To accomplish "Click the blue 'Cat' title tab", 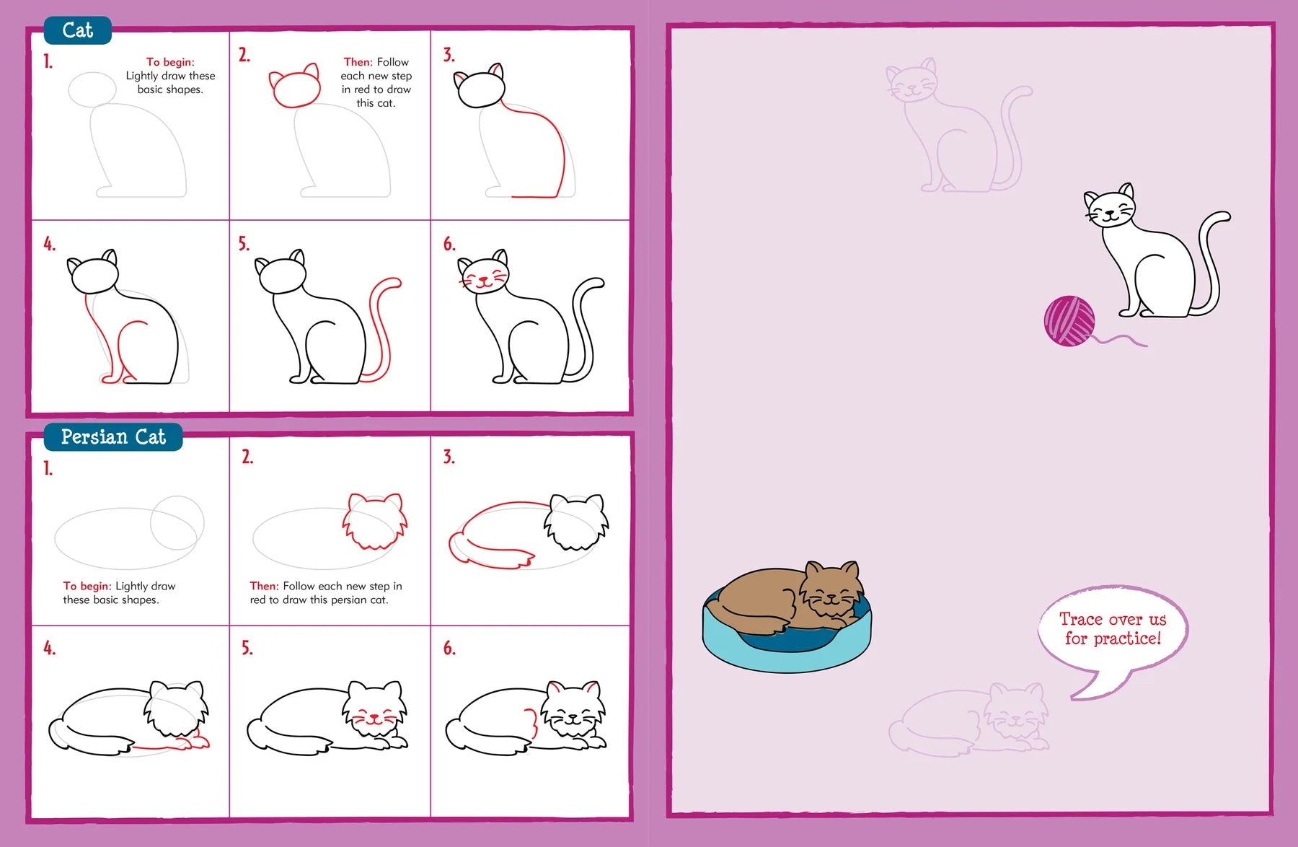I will tap(77, 30).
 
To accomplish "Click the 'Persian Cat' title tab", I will tap(113, 437).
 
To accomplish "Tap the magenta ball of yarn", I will tap(1069, 321).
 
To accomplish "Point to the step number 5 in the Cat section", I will tap(244, 244).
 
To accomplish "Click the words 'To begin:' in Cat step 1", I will tap(170, 62).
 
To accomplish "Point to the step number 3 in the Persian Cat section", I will tap(449, 457).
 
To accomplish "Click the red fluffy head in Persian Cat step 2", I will tap(374, 521).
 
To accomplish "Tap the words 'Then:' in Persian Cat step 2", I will tap(264, 587).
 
